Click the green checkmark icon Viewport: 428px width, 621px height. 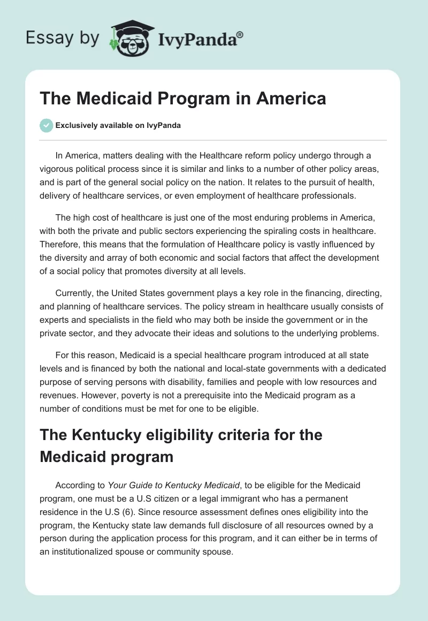(46, 125)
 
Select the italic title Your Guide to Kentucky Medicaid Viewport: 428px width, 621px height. (174, 485)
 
